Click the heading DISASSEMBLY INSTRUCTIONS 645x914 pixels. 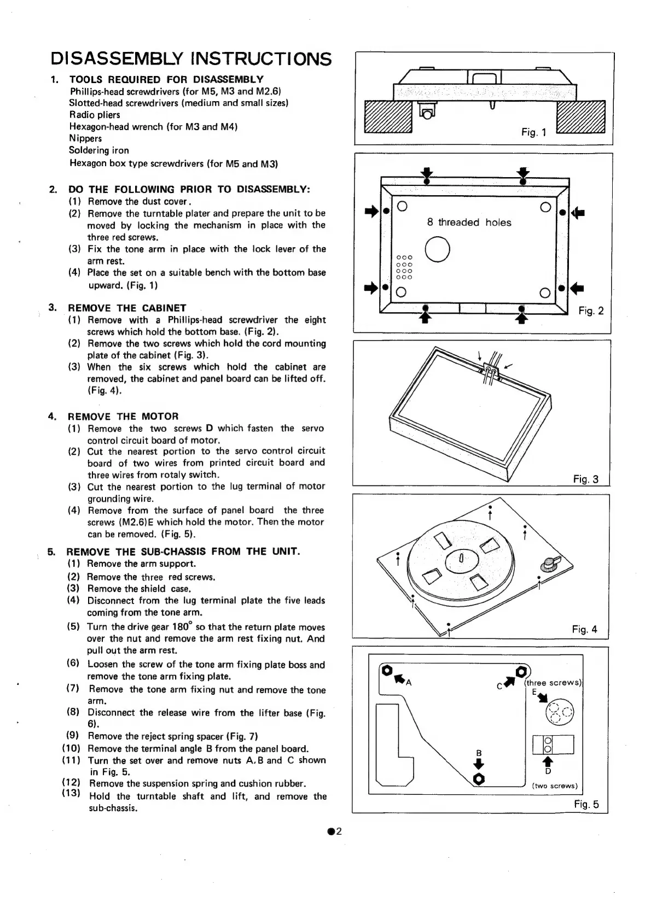tap(191, 58)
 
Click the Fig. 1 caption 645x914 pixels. tap(533, 132)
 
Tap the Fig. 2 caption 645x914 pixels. tap(591, 311)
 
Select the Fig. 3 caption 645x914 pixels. tap(585, 479)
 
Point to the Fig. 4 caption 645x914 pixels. tap(584, 629)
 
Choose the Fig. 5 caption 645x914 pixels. tap(586, 804)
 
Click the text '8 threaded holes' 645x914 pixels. tap(469, 222)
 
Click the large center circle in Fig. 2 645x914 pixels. tap(437, 249)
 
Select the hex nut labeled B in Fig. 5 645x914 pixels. tap(479, 778)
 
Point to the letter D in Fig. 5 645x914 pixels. tap(548, 771)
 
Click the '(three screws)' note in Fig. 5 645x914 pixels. tap(553, 682)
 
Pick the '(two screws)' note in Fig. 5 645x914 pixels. tap(555, 786)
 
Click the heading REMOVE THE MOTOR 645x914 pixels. tap(123, 416)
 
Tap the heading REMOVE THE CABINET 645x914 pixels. tap(127, 308)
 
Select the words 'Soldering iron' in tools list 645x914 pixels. tap(99, 150)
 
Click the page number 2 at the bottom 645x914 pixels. tap(334, 831)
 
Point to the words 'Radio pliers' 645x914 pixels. tap(95, 115)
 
